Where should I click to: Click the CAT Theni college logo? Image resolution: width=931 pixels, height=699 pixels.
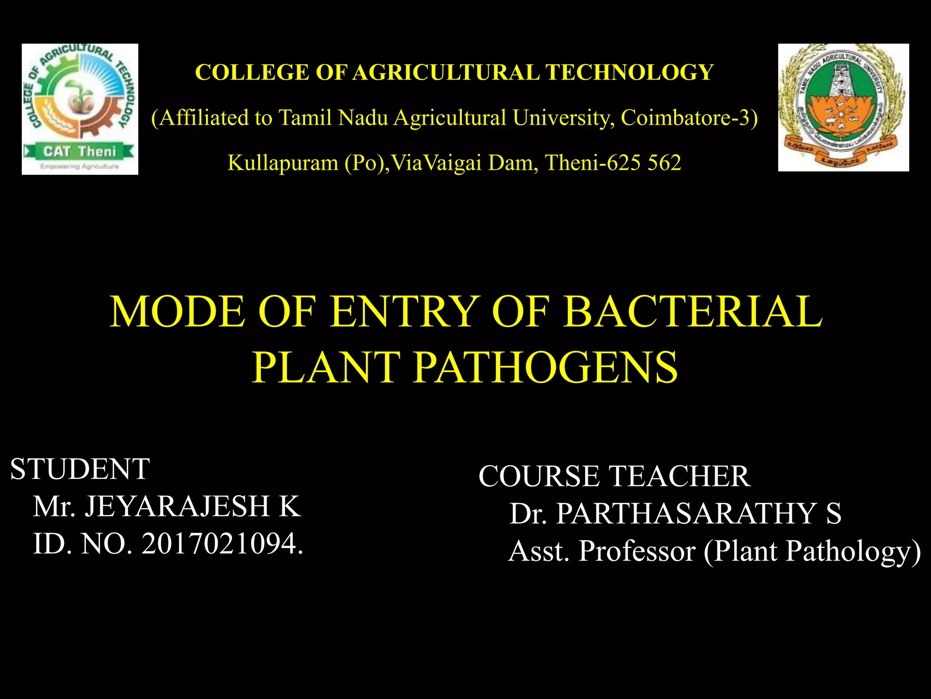pos(80,109)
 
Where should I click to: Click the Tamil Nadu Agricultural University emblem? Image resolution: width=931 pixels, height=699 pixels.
pos(843,107)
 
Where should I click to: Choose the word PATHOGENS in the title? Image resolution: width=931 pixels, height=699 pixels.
pos(546,368)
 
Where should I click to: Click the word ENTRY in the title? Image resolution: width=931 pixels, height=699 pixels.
pos(405,312)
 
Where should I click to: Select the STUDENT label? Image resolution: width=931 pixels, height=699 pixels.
pos(80,469)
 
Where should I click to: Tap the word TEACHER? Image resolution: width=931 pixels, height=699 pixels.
pos(679,476)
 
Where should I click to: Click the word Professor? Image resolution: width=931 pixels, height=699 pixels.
pos(636,551)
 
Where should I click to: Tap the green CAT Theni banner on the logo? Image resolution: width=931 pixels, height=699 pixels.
pos(80,151)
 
